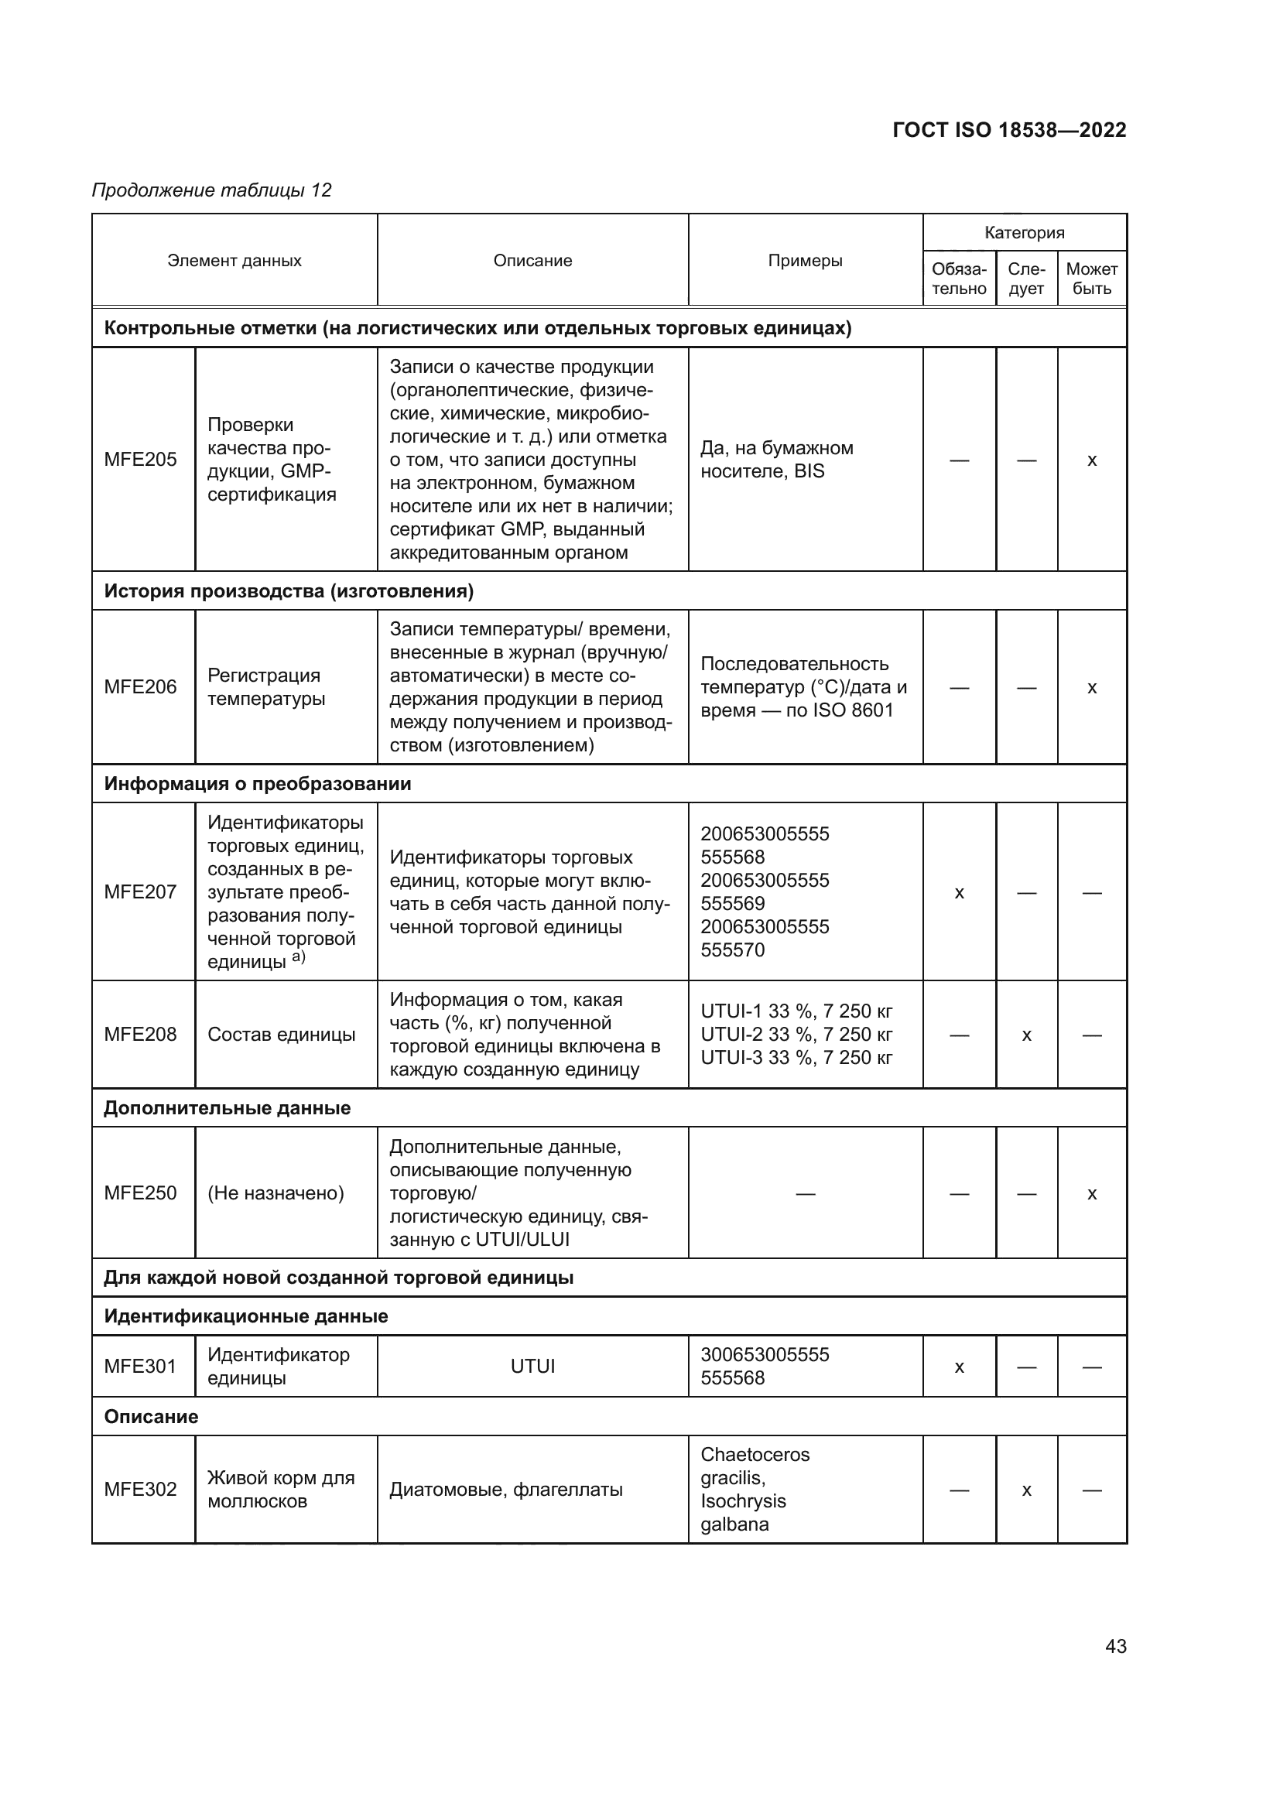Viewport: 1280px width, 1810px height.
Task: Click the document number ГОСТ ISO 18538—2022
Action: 1009,130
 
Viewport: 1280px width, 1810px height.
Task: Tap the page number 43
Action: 1115,1646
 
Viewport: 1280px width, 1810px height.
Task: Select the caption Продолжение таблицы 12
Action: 211,190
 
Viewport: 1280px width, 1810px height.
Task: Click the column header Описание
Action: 532,260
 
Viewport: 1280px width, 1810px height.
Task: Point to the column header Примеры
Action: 805,260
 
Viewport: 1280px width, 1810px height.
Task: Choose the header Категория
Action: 1024,233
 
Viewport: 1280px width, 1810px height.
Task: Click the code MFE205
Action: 140,460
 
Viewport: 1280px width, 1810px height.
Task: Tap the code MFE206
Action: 140,686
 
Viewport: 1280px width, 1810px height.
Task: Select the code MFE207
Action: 140,891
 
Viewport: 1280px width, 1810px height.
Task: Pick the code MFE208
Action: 140,1035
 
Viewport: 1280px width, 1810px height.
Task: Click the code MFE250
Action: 140,1192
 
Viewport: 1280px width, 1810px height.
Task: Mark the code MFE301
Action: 140,1366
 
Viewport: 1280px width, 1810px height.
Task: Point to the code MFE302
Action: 140,1489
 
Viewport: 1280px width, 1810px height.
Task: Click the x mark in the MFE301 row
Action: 959,1367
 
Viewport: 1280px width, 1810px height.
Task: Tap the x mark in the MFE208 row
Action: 1026,1035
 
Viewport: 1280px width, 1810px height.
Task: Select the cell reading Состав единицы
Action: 282,1035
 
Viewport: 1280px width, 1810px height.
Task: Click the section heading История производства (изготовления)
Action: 289,591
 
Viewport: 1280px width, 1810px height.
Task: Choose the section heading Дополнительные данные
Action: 227,1107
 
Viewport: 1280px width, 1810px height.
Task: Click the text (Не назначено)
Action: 276,1192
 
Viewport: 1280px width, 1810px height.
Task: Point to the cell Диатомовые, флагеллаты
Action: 506,1489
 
